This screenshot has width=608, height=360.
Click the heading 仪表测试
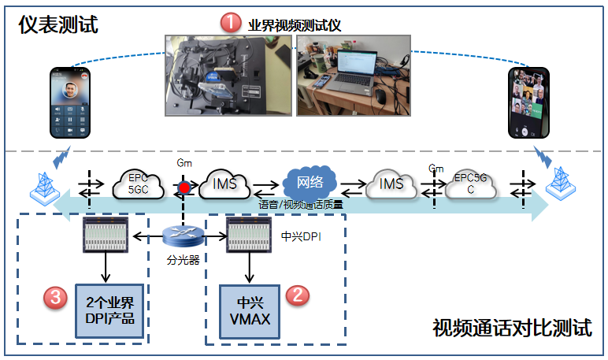coord(59,24)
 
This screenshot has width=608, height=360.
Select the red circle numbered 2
coord(297,295)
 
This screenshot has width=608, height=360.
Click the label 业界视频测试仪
coord(293,24)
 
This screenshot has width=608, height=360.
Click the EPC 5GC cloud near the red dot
coord(139,184)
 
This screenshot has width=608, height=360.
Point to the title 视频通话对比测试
coord(512,328)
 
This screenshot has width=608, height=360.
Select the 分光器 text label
coord(184,259)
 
